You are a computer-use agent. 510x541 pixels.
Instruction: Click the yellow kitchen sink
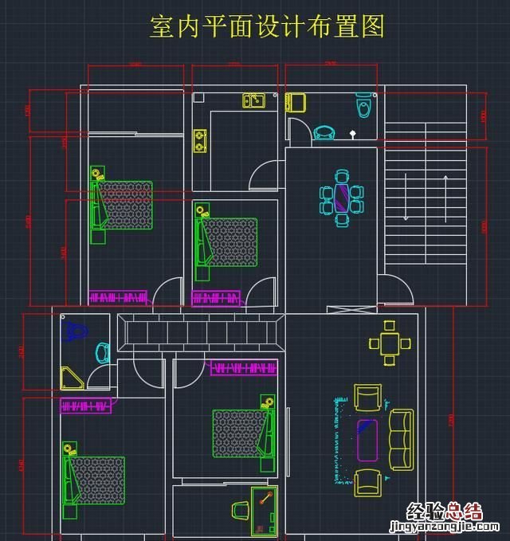tap(253, 100)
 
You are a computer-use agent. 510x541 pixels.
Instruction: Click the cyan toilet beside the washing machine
tap(364, 104)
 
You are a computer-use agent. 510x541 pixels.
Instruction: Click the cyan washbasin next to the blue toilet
tap(103, 352)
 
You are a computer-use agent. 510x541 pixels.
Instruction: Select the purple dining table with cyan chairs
tap(342, 195)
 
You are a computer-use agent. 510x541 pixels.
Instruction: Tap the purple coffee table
tap(367, 439)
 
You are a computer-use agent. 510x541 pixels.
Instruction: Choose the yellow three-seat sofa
tap(401, 440)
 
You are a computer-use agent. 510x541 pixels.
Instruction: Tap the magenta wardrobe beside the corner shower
tap(86, 406)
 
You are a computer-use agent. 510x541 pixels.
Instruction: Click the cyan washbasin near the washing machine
tap(324, 132)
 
